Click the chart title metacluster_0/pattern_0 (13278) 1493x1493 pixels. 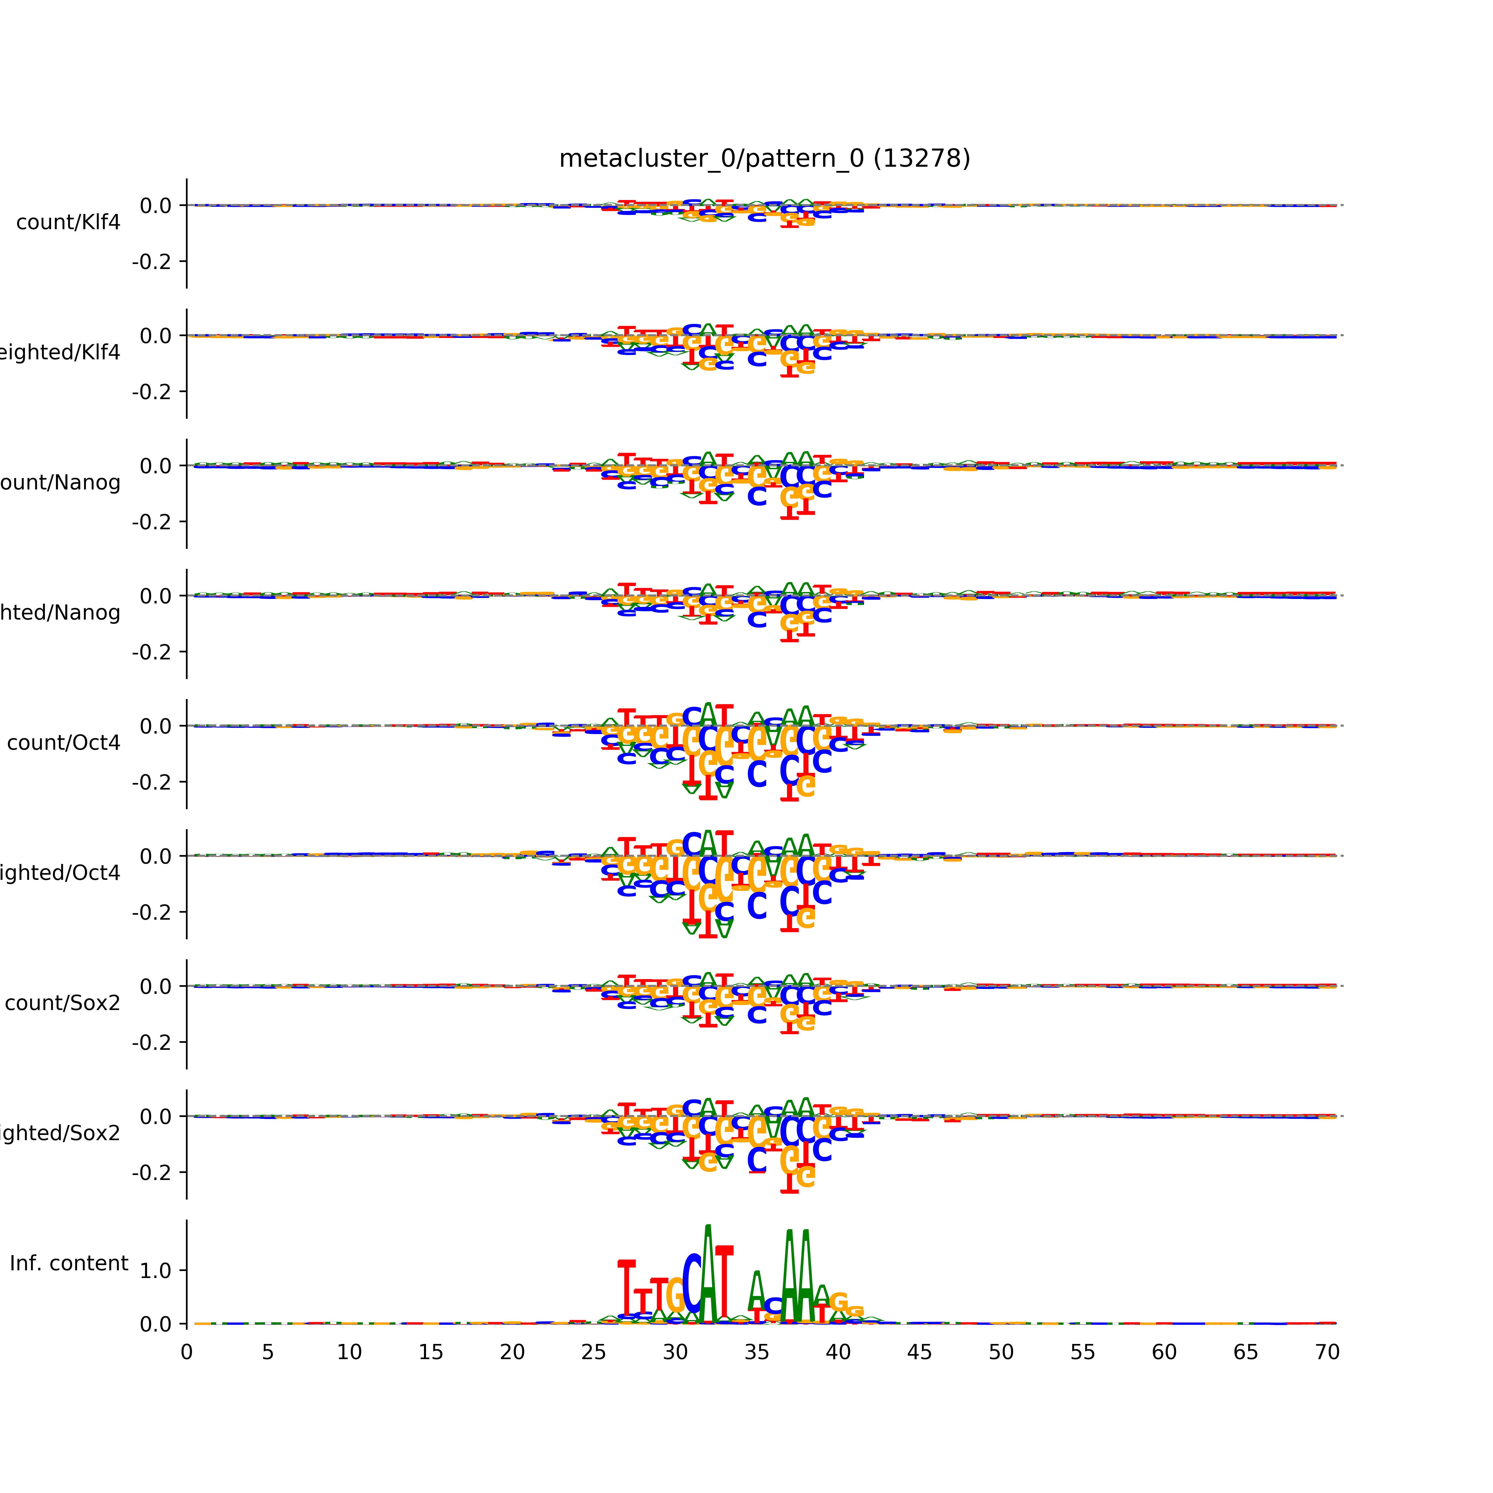point(764,159)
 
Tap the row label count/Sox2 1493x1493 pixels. point(63,1003)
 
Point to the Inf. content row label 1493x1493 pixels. point(69,1264)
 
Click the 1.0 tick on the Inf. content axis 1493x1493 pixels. point(155,1271)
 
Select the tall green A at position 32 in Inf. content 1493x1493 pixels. point(708,1275)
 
